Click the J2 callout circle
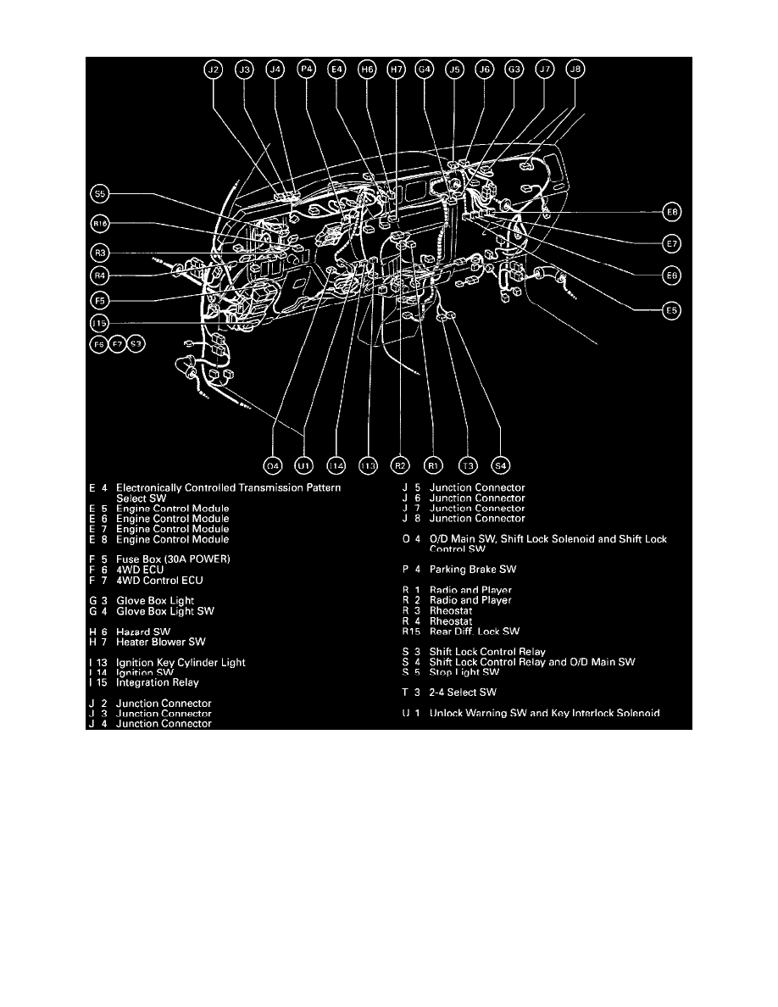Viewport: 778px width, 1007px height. [214, 71]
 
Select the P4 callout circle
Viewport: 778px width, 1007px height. [306, 71]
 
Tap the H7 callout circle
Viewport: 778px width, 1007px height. [396, 71]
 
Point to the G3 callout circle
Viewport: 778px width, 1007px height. [514, 71]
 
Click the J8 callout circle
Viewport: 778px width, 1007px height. [575, 71]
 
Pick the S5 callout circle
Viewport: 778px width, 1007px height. [100, 195]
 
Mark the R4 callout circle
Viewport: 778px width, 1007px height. [100, 275]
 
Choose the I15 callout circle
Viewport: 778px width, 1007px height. [100, 323]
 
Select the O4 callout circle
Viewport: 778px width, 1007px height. [272, 465]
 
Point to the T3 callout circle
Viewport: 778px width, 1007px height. [467, 465]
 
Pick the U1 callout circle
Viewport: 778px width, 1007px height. [303, 465]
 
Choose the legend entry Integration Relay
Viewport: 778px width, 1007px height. [158, 682]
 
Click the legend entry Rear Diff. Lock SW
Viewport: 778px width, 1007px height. [475, 631]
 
